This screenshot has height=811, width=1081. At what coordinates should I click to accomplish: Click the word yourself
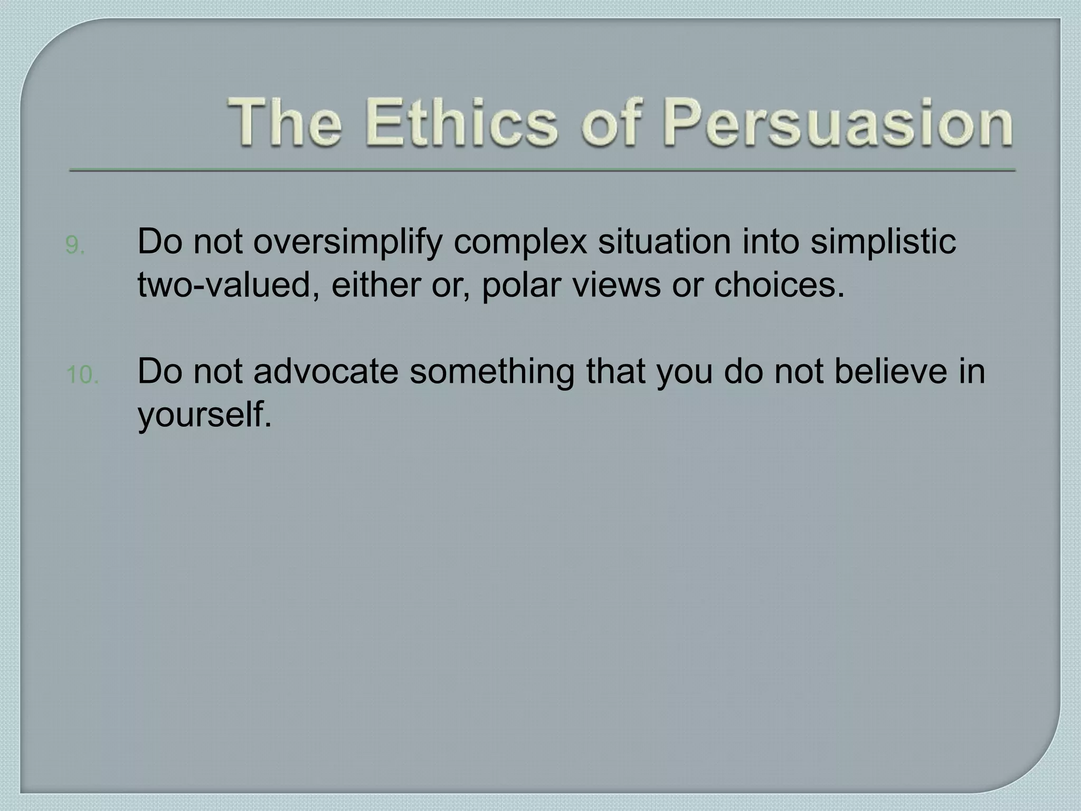point(204,416)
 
